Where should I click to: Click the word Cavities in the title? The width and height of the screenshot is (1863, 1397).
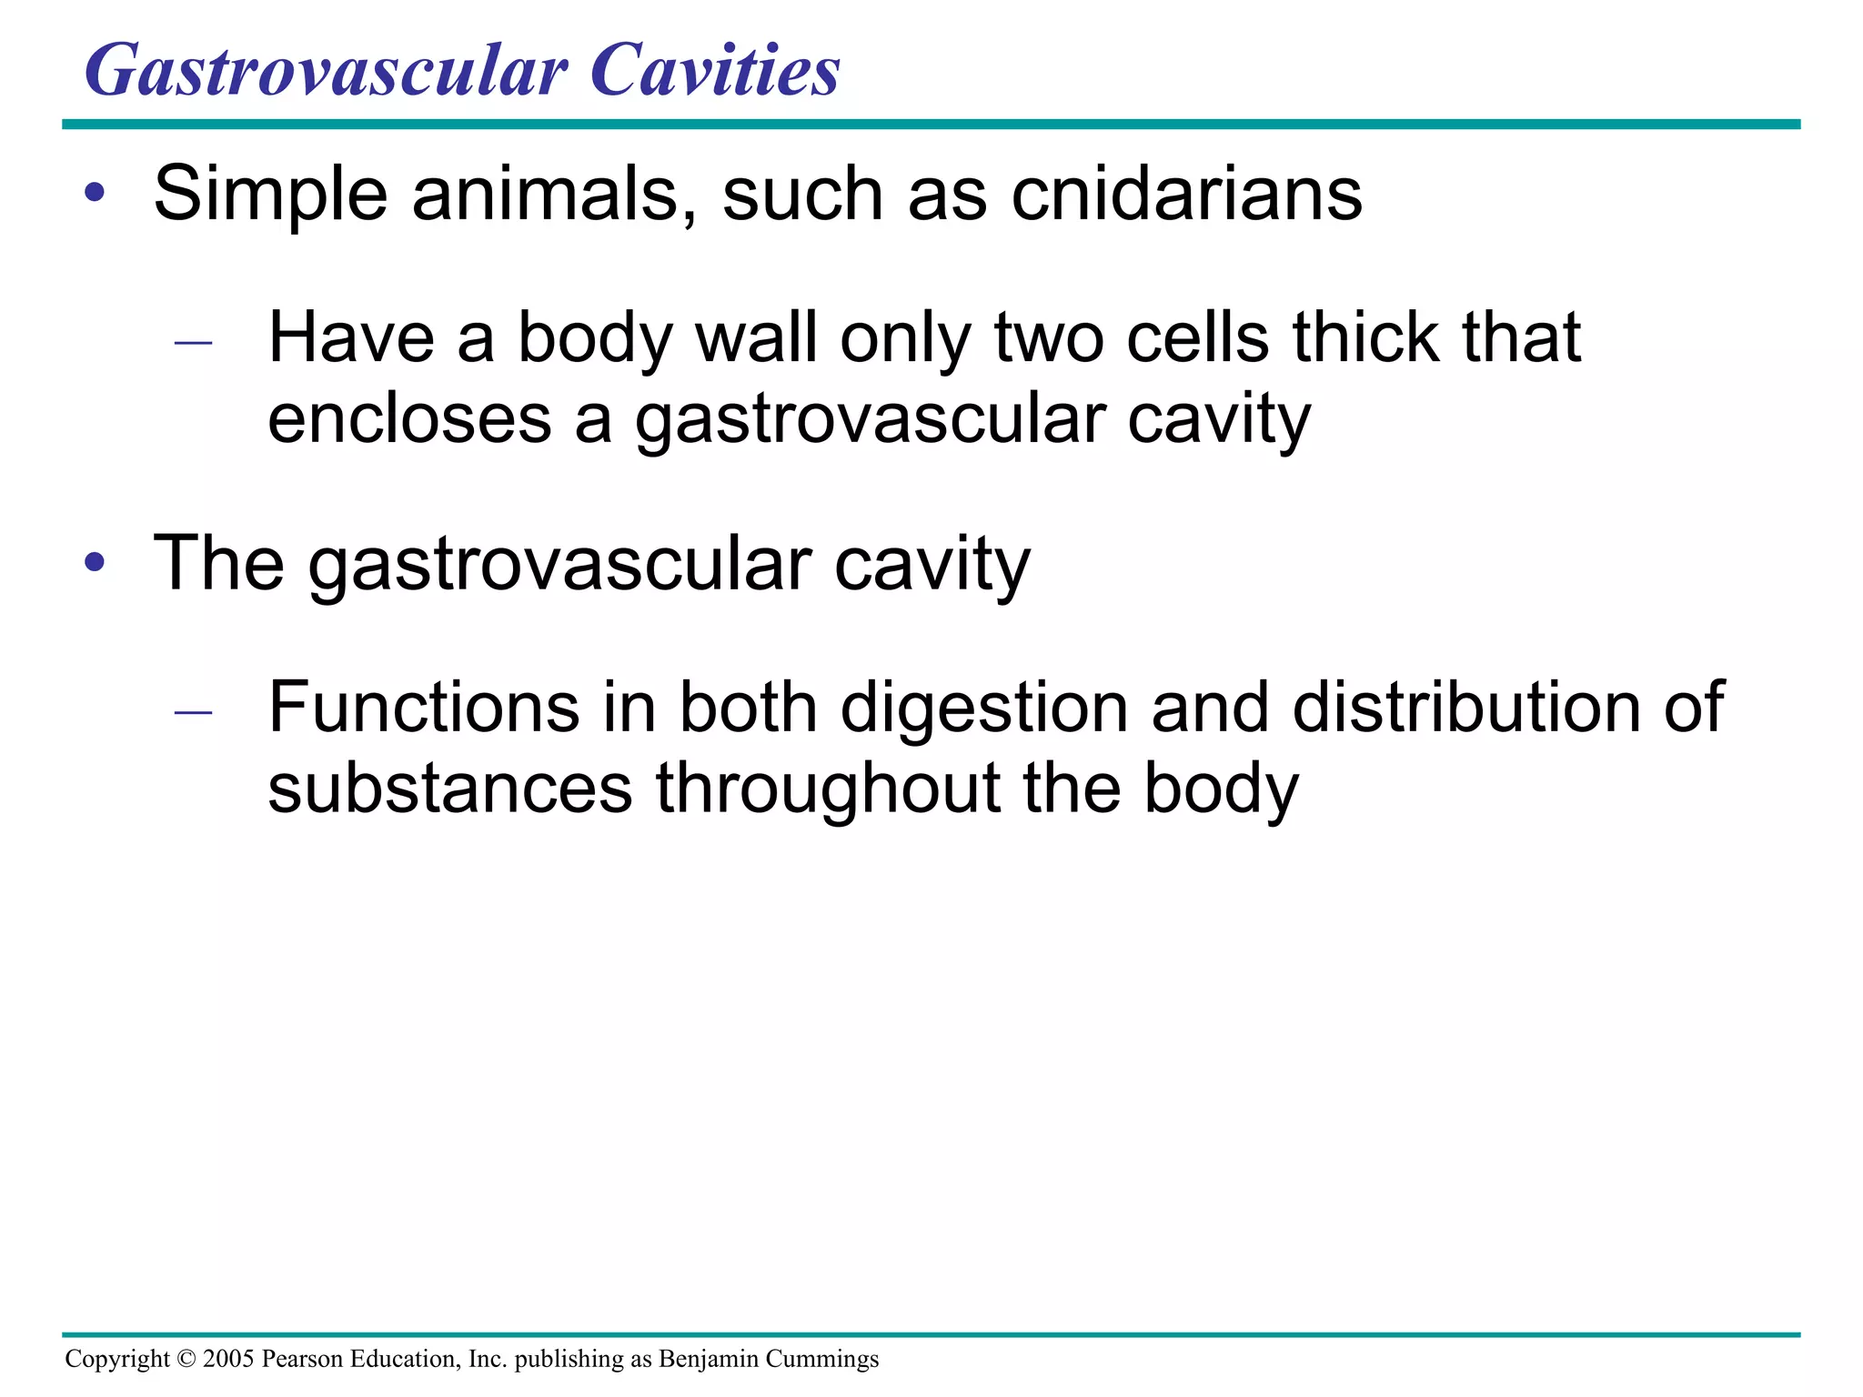pyautogui.click(x=715, y=71)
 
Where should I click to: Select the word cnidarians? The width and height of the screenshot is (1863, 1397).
pyautogui.click(x=1186, y=194)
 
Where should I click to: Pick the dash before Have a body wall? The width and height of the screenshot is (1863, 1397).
pyautogui.click(x=193, y=343)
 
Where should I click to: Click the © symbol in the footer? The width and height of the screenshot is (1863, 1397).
pyautogui.click(x=186, y=1359)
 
